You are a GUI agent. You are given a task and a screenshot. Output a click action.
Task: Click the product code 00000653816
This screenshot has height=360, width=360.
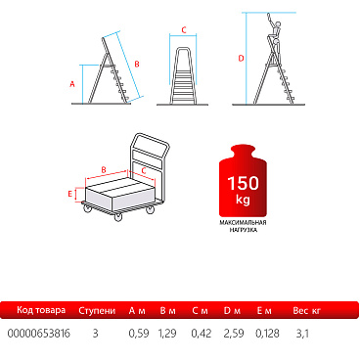(38, 334)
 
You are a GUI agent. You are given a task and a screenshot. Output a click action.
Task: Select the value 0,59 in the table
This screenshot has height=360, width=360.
(139, 334)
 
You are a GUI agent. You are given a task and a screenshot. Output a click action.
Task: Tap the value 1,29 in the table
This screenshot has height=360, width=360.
(167, 334)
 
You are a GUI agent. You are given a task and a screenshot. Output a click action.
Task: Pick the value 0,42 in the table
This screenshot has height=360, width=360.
(202, 334)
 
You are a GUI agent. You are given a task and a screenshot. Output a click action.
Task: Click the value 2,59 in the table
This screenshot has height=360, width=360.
(234, 334)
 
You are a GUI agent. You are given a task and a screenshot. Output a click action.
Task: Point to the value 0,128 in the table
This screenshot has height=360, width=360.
(267, 334)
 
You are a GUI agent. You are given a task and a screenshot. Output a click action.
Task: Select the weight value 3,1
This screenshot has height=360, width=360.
(302, 334)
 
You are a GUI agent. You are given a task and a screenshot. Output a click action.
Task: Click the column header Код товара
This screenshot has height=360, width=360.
(41, 310)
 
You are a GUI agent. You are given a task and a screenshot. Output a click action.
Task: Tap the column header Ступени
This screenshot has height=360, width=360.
(97, 310)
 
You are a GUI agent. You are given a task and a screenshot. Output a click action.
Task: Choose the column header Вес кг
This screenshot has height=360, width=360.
(306, 310)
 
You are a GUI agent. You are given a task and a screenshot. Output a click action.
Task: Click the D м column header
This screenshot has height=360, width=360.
(232, 310)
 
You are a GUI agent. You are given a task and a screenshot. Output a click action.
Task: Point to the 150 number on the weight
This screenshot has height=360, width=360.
(244, 183)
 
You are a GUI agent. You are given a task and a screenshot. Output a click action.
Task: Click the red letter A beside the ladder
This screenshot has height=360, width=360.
(72, 84)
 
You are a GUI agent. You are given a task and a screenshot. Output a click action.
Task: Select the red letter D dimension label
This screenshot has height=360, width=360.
(241, 59)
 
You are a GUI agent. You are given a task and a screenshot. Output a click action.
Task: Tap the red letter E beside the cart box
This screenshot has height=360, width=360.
(69, 194)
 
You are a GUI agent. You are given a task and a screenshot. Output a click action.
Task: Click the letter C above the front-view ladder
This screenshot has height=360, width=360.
(184, 30)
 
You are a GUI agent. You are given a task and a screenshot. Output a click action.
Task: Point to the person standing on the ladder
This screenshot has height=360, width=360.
(274, 33)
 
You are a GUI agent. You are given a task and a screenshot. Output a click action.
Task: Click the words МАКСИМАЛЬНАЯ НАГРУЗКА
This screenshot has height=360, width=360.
(243, 226)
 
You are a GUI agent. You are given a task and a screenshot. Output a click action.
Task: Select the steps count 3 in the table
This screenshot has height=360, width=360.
(95, 334)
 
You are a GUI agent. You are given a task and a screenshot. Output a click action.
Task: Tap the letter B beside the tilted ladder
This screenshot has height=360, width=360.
(137, 64)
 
